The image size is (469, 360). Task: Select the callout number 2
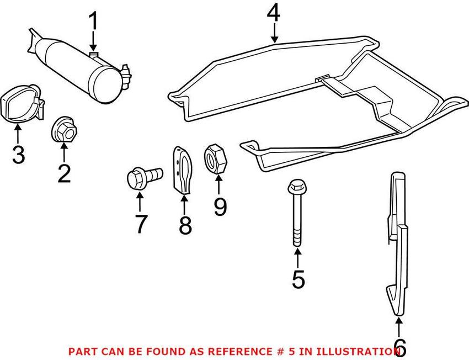[64, 173]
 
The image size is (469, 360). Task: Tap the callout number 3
[18, 154]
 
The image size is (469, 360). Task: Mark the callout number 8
[184, 224]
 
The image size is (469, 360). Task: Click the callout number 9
[220, 207]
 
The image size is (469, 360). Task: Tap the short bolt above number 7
[142, 178]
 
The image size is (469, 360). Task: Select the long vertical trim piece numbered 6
[398, 243]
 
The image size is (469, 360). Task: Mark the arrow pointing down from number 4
[274, 34]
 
